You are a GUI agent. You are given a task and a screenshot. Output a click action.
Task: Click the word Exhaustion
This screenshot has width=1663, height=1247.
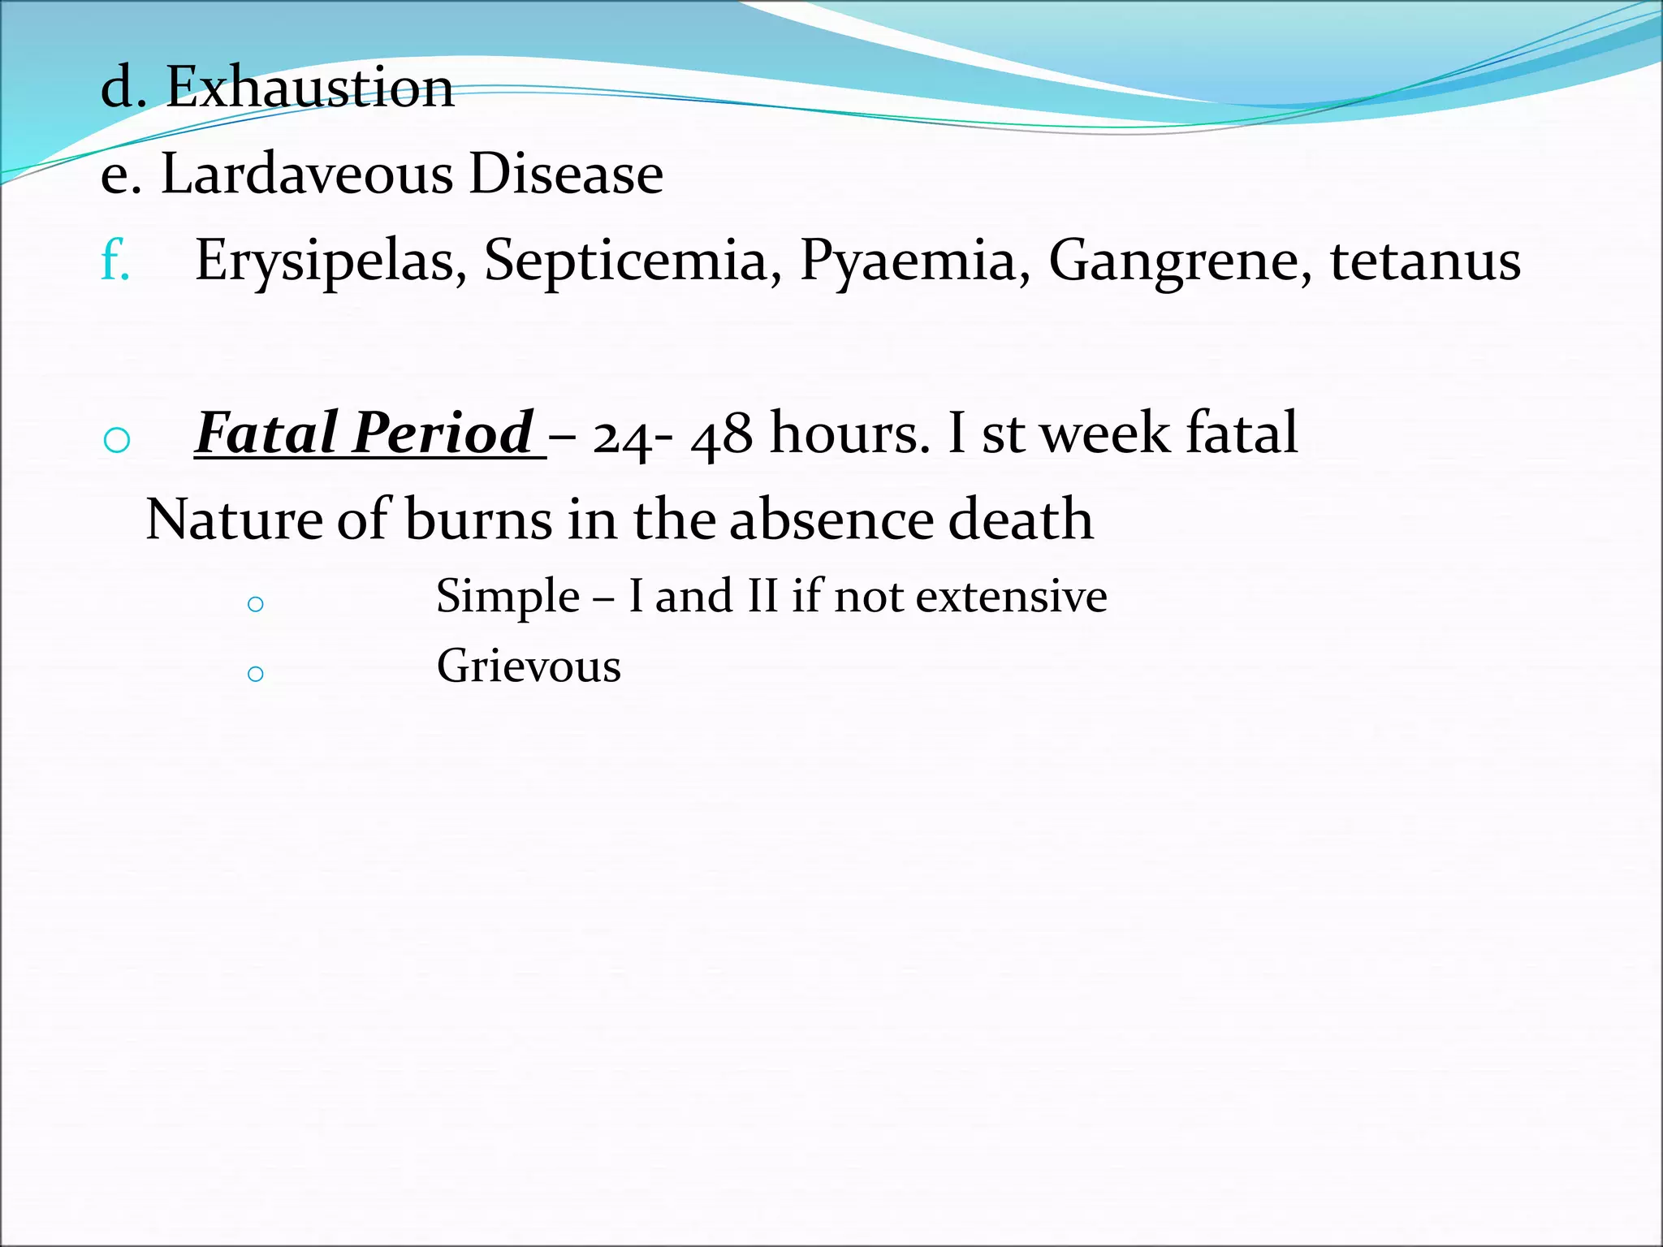pos(309,87)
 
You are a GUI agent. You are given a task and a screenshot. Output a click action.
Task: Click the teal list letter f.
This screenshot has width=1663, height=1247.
pos(114,260)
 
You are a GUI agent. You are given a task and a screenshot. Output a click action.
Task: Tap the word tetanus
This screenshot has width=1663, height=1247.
pos(1425,261)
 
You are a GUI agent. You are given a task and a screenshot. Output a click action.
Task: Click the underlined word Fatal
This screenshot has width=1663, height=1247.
pos(266,433)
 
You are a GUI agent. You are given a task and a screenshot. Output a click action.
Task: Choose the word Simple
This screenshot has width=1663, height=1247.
pos(508,597)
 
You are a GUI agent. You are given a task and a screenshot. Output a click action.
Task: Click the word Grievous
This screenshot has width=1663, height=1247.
pos(529,667)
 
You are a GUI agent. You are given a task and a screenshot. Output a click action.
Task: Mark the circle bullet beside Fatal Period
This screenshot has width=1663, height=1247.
pos(118,441)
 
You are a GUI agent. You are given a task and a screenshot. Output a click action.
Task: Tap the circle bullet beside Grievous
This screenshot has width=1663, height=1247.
pos(256,674)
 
